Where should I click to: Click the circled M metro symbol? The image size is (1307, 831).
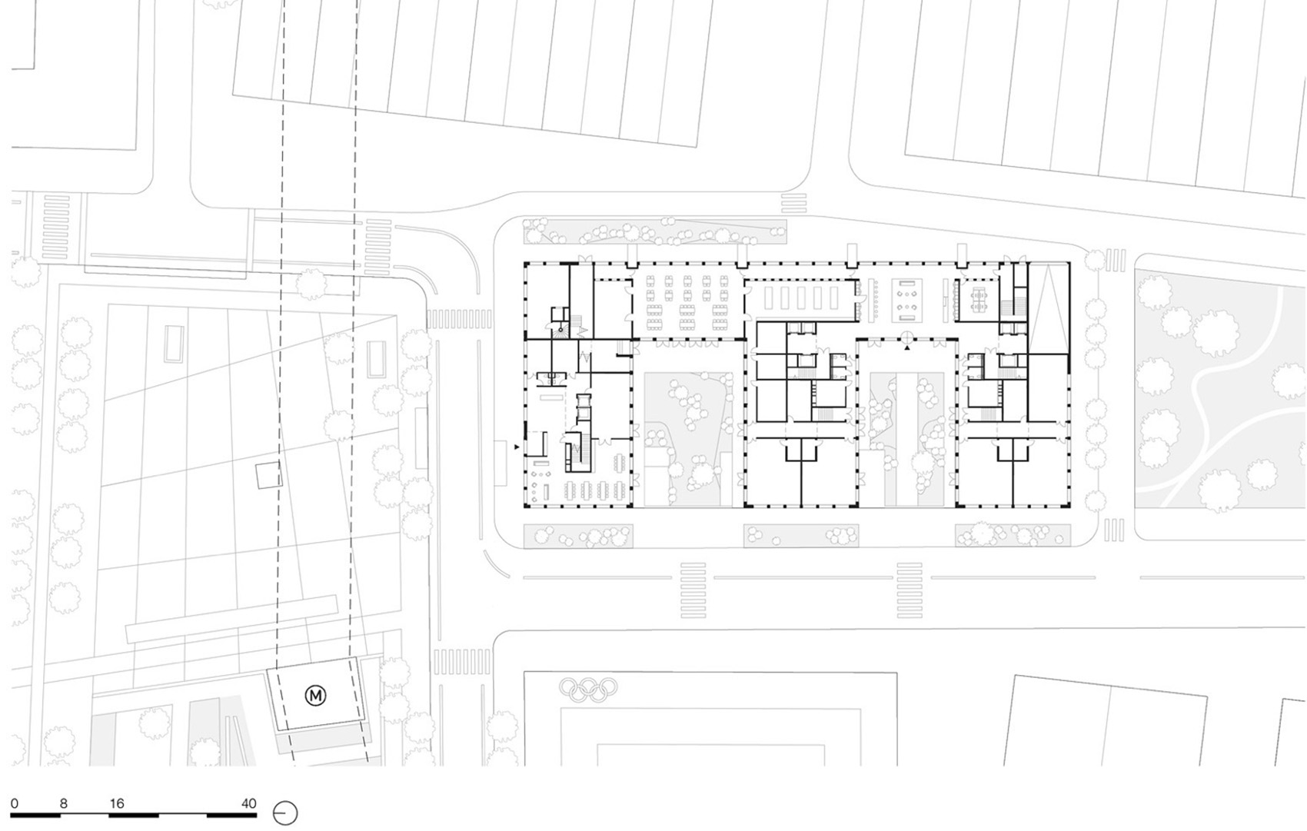pyautogui.click(x=316, y=696)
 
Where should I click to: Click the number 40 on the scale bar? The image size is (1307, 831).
pyautogui.click(x=248, y=803)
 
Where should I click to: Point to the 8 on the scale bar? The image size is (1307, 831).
pyautogui.click(x=64, y=803)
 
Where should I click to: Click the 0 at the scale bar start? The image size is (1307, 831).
pyautogui.click(x=15, y=803)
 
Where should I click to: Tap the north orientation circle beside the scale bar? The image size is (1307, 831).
pyautogui.click(x=285, y=813)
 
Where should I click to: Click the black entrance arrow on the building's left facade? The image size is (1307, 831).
pyautogui.click(x=517, y=447)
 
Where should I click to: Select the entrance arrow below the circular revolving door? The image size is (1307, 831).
pyautogui.click(x=907, y=348)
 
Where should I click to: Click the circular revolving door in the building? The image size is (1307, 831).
pyautogui.click(x=907, y=337)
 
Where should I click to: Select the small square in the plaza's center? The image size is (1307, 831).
pyautogui.click(x=268, y=476)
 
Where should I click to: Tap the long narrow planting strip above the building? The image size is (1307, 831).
pyautogui.click(x=653, y=231)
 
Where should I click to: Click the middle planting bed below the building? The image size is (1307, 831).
pyautogui.click(x=800, y=536)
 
